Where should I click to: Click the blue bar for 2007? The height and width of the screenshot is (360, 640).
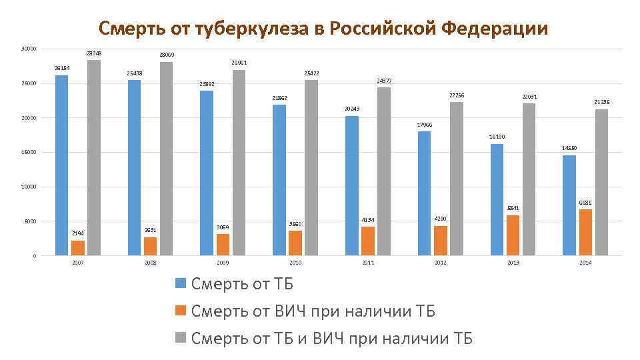(x=61, y=165)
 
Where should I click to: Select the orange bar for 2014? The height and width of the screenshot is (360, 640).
(x=585, y=232)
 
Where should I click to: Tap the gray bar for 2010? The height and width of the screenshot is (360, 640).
(x=311, y=167)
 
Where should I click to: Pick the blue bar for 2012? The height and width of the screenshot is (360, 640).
(x=424, y=193)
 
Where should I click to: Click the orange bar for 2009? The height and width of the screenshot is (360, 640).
(x=223, y=245)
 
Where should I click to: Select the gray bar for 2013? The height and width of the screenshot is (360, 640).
(x=529, y=179)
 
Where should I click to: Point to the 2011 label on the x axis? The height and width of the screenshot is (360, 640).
(x=368, y=263)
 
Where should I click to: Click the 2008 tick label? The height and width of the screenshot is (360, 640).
(x=150, y=263)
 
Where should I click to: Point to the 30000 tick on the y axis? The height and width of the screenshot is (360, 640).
(x=29, y=49)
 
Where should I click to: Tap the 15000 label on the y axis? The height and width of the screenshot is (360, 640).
(x=29, y=152)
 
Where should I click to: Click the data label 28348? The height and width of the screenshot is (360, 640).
(x=94, y=53)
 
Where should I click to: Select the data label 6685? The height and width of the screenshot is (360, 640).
(x=585, y=203)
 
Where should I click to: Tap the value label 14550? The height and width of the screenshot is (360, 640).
(x=569, y=148)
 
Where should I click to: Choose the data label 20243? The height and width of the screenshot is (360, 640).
(x=352, y=109)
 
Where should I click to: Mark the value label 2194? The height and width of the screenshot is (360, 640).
(x=78, y=233)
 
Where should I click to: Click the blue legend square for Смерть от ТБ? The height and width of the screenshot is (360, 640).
(x=180, y=284)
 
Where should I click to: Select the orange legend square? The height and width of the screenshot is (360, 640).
(x=180, y=311)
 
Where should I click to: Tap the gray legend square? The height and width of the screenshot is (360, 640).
(x=180, y=338)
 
